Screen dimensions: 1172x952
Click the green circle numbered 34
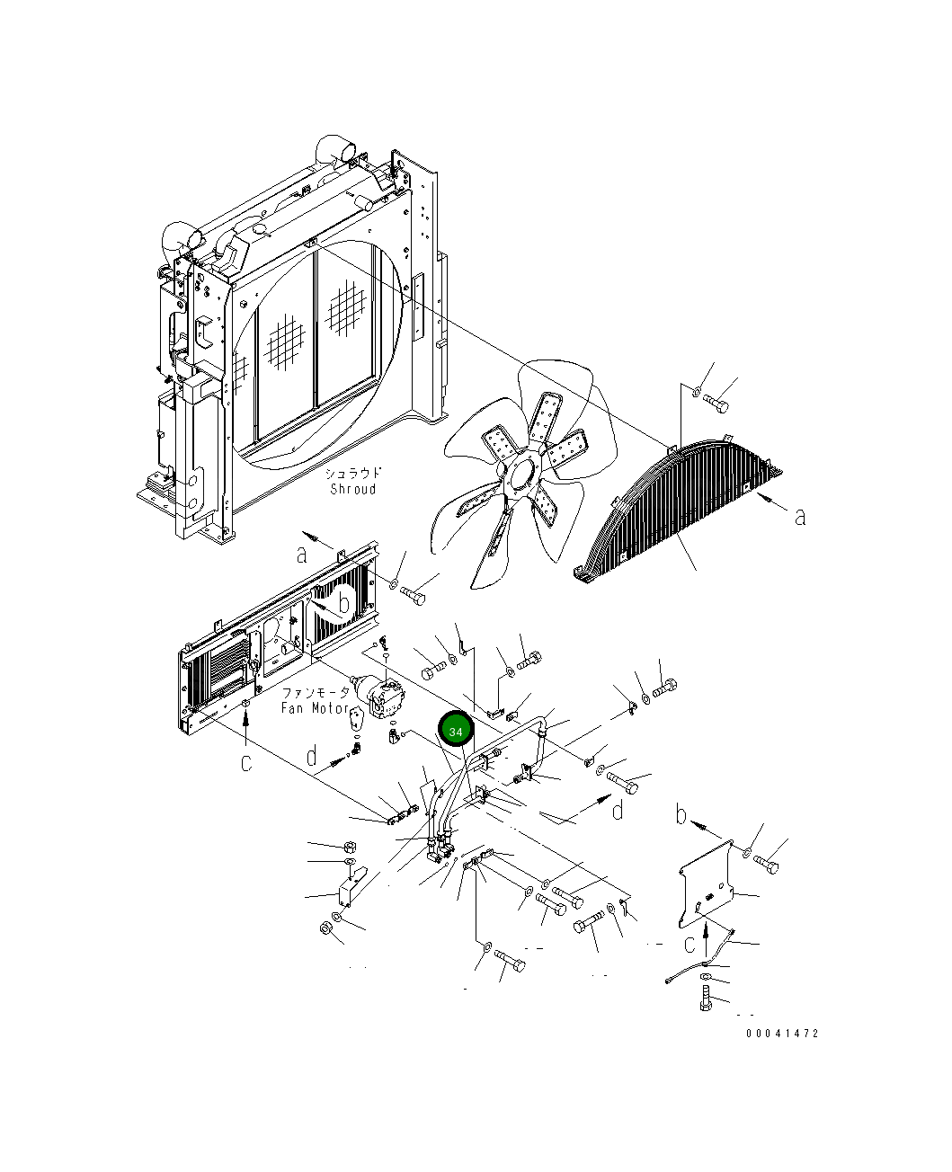pyautogui.click(x=456, y=731)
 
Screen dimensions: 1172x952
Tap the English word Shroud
pyautogui.click(x=352, y=489)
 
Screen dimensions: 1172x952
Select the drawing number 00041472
pyautogui.click(x=782, y=1034)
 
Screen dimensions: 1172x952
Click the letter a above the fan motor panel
pyautogui.click(x=302, y=554)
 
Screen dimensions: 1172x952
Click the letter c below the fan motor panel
pyautogui.click(x=245, y=762)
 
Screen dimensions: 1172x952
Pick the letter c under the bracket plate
pyautogui.click(x=690, y=945)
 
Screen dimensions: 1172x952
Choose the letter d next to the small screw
pyautogui.click(x=311, y=757)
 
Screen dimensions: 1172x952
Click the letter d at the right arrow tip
pyautogui.click(x=618, y=811)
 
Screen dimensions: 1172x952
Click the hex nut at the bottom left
pyautogui.click(x=324, y=928)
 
